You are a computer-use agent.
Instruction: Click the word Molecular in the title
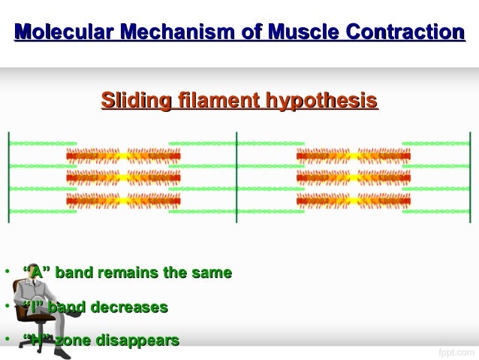(62, 32)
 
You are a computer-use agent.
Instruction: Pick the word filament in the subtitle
(212, 100)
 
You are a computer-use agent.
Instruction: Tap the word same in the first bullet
(213, 273)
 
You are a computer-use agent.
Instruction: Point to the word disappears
(139, 341)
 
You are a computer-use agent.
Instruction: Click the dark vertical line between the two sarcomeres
(237, 177)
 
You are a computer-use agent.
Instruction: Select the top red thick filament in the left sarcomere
(123, 156)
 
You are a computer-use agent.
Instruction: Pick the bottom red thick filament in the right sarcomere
(353, 201)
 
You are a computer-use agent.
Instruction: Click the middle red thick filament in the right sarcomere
(353, 178)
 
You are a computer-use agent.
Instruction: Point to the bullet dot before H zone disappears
(5, 340)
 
